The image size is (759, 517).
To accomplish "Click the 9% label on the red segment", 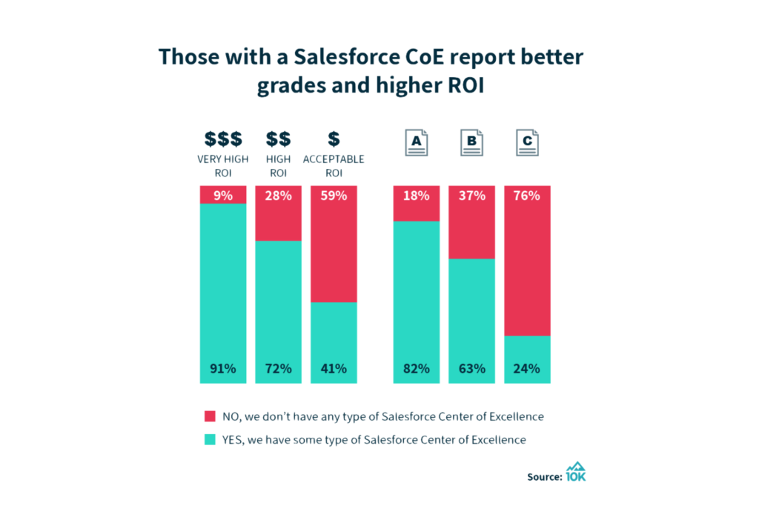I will pos(223,196).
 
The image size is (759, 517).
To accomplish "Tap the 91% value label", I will pos(223,368).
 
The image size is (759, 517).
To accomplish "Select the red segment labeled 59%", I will pos(334,244).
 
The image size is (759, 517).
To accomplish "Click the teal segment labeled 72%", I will pos(279,311).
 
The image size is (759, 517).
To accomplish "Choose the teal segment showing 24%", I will pos(527,359).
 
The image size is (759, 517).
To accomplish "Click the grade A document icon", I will pos(417,142).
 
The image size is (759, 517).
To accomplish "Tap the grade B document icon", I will pos(471,142).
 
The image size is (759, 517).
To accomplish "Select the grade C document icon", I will pos(527,142).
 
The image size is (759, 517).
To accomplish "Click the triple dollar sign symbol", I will pos(223,139).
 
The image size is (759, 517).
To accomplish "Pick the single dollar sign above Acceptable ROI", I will pos(334,139).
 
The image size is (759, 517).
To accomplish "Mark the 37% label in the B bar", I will pos(471,196).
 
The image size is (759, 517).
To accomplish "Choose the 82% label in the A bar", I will pos(417,368).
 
